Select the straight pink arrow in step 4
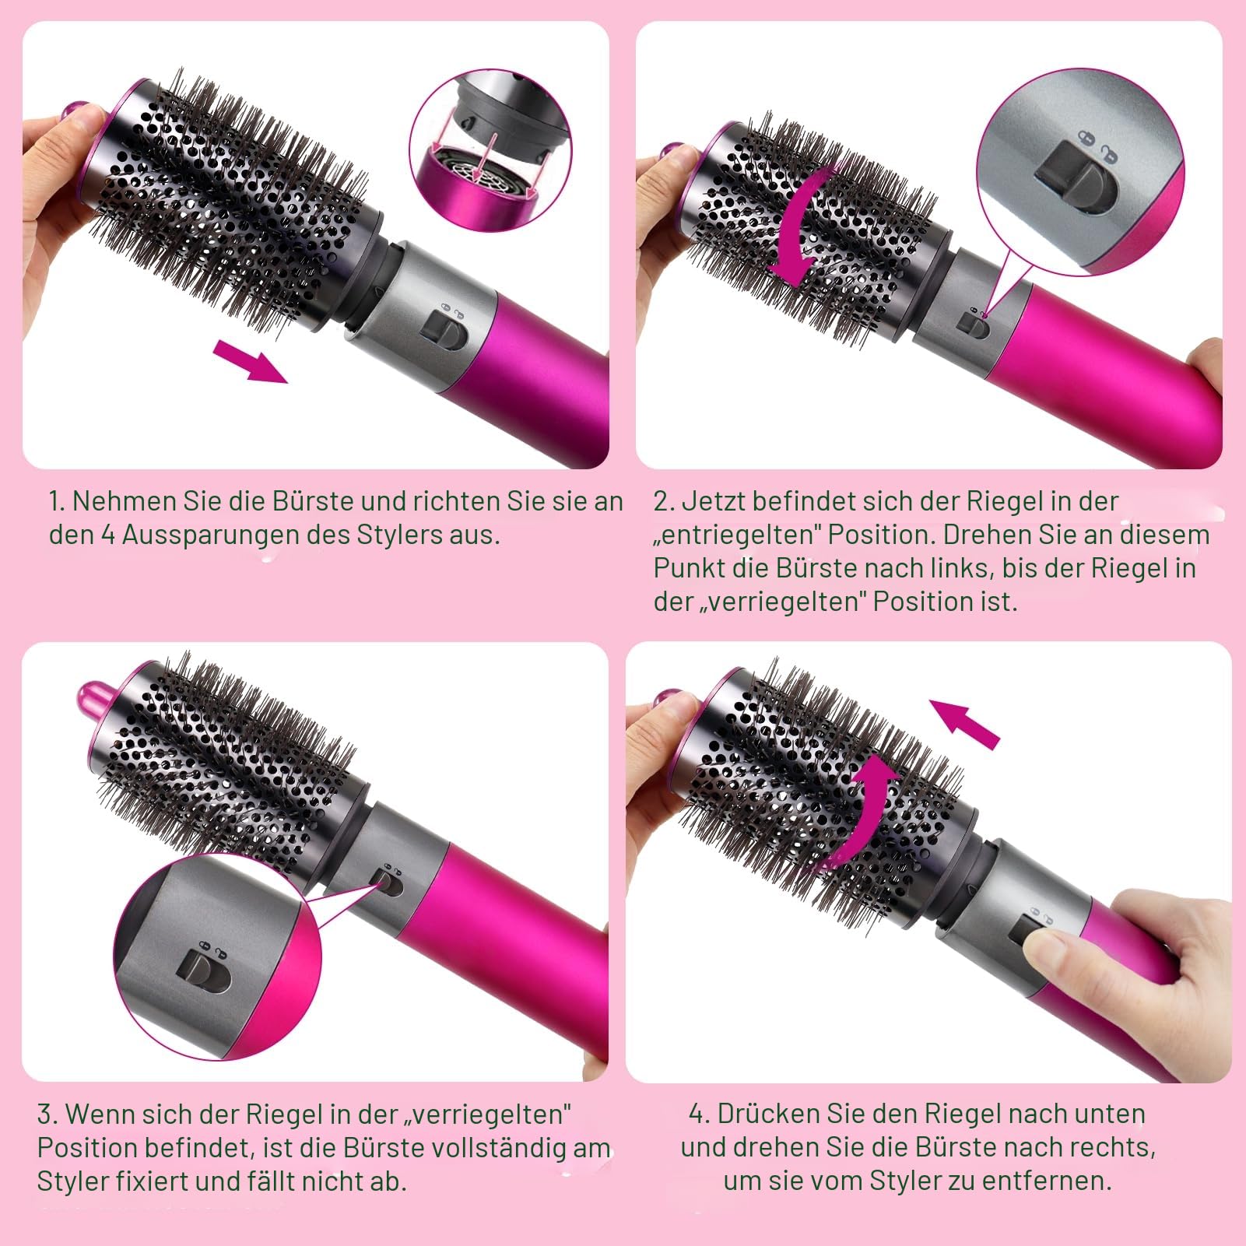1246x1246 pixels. click(x=965, y=721)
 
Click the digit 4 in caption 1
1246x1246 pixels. click(x=109, y=535)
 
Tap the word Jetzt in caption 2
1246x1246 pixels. click(x=711, y=501)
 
